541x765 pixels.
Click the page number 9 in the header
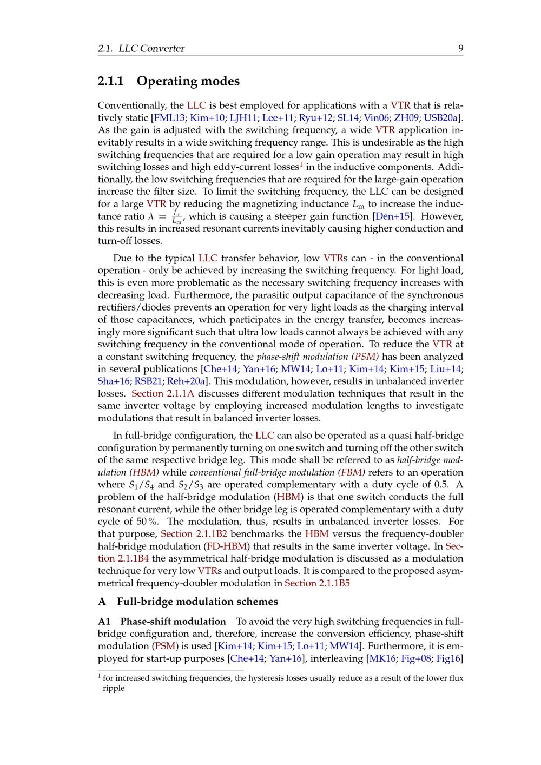pos(460,48)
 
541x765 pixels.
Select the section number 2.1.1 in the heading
pos(111,81)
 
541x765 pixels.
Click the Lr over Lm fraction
pos(176,217)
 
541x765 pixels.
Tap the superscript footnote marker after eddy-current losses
pos(301,163)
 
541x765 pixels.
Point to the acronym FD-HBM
pos(228,546)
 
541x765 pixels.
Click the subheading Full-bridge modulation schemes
pos(197,602)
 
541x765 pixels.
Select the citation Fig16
pos(448,658)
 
